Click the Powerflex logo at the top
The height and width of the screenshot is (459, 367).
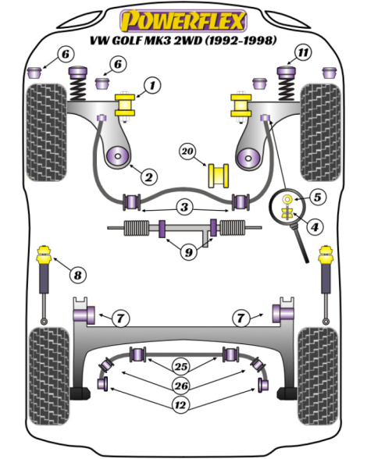click(x=183, y=21)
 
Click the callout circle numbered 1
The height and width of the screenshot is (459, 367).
click(x=152, y=86)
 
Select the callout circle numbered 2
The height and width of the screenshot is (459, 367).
click(x=149, y=176)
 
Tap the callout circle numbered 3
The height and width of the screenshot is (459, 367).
click(x=184, y=207)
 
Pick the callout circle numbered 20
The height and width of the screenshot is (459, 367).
click(x=187, y=151)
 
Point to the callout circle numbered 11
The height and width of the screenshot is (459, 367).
click(x=303, y=53)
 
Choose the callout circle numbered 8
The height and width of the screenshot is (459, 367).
click(x=77, y=275)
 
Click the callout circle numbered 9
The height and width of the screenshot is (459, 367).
click(x=189, y=251)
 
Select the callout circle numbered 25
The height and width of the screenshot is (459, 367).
click(x=181, y=366)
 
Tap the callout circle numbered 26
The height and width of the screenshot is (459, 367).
click(x=181, y=386)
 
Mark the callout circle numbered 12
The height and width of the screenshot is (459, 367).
click(x=180, y=405)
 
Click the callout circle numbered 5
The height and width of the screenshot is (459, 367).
click(x=318, y=197)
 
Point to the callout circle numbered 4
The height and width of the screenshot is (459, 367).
click(x=315, y=226)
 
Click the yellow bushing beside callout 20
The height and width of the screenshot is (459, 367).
click(x=219, y=176)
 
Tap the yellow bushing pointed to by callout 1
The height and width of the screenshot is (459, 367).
click(x=125, y=105)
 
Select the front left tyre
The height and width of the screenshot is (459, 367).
click(x=46, y=133)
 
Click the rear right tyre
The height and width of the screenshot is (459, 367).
click(x=318, y=376)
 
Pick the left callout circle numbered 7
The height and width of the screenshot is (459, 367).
click(x=121, y=318)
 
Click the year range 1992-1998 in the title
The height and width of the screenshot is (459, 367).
click(x=241, y=41)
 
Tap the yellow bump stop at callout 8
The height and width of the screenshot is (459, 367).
click(x=45, y=255)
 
